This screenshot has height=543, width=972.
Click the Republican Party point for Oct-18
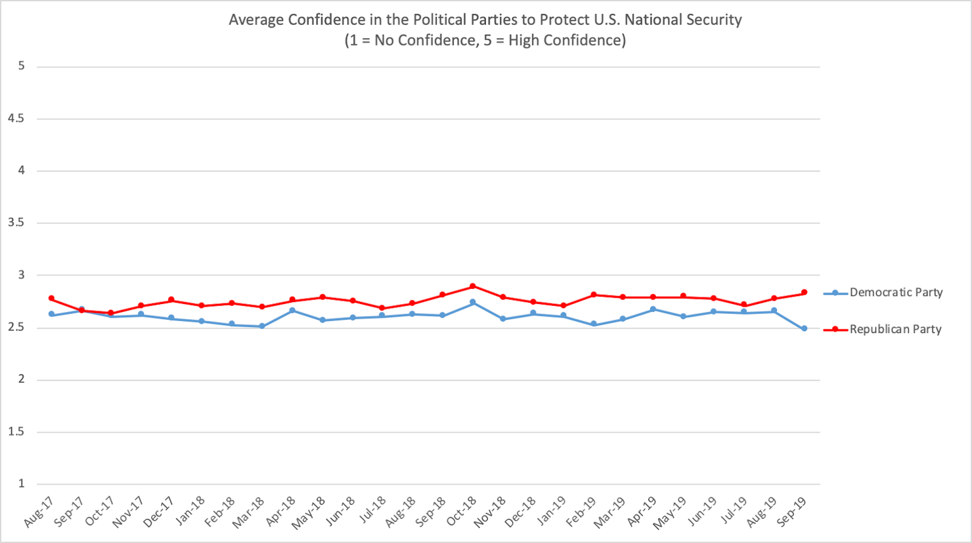point(473,286)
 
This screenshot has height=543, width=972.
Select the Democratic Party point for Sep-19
point(804,328)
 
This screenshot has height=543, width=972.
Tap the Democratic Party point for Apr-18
point(292,311)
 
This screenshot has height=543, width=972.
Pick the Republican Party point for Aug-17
point(51,299)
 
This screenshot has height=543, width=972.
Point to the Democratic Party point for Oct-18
point(473,303)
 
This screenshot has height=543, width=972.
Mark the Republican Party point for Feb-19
point(593,295)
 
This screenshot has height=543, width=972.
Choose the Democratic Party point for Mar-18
point(262,326)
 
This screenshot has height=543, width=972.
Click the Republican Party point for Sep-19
point(804,293)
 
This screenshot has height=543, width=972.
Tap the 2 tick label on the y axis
point(22,380)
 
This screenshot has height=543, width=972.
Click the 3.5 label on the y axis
point(16,223)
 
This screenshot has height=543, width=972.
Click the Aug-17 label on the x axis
point(38,513)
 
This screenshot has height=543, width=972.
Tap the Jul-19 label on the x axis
point(734,510)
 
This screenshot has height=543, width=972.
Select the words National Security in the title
point(683,20)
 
